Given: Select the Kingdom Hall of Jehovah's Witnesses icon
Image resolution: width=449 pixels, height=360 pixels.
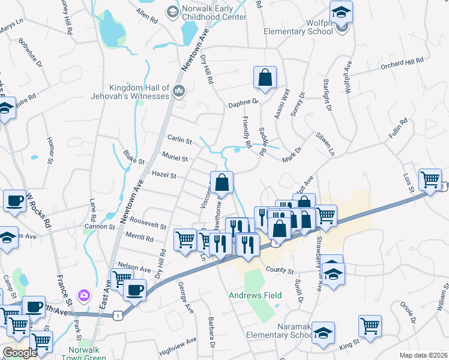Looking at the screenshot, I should pyautogui.click(x=178, y=91).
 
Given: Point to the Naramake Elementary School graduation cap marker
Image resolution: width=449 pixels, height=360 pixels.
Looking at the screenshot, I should pyautogui.click(x=323, y=334).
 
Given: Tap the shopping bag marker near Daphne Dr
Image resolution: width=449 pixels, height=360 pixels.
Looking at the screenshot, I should pyautogui.click(x=265, y=77).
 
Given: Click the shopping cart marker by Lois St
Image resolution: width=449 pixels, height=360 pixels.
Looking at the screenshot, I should pyautogui.click(x=430, y=179).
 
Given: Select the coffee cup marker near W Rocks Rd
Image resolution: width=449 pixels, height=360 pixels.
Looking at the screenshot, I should pyautogui.click(x=14, y=202).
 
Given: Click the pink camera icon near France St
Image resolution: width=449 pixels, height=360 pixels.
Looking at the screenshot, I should pyautogui.click(x=84, y=295).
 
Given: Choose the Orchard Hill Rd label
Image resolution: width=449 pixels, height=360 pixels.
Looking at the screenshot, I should pyautogui.click(x=402, y=62).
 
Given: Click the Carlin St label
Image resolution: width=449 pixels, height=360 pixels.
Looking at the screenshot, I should pyautogui.click(x=179, y=141).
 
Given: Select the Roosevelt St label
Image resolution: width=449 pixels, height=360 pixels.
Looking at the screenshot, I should pyautogui.click(x=148, y=226).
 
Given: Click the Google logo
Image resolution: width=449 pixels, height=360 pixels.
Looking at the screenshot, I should pyautogui.click(x=20, y=353).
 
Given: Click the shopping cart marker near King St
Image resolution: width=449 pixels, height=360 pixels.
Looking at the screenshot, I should pyautogui.click(x=370, y=326).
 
